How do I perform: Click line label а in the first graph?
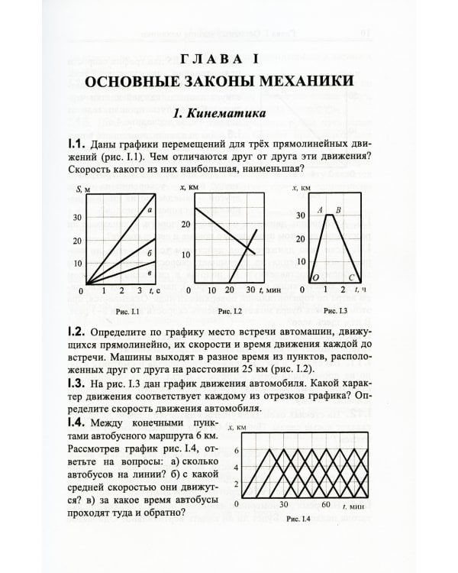coord(150,211)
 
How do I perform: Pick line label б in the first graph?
coord(150,252)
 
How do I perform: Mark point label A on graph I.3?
coord(320,209)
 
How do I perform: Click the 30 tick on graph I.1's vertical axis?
coord(76,217)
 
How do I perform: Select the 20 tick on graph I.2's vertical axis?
coord(184,225)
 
